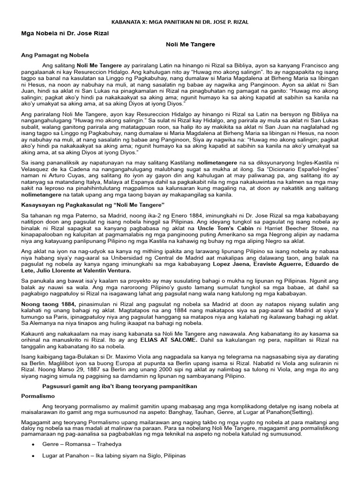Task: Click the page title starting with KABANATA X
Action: (x=180, y=22)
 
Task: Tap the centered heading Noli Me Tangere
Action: (x=190, y=44)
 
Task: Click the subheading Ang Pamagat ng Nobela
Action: (x=55, y=55)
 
